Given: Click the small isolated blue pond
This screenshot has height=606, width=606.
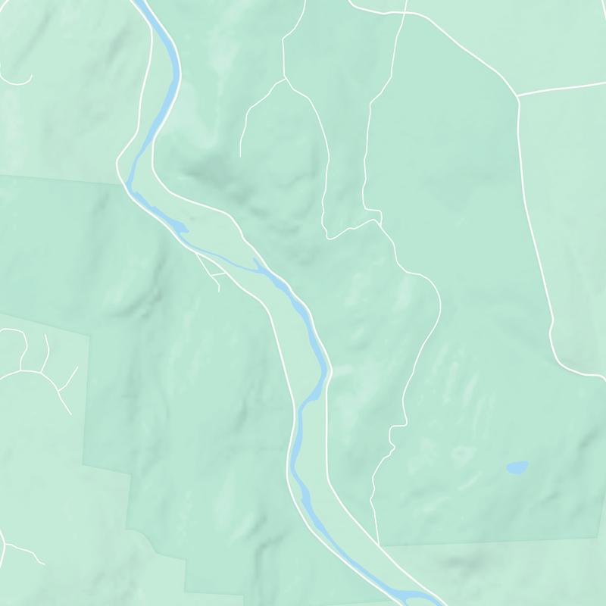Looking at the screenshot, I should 517,467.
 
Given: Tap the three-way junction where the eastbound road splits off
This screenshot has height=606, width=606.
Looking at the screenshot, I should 518,96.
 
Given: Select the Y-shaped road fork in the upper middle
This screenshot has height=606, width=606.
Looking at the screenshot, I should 284,79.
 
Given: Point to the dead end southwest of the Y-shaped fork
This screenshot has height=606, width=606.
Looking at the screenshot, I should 240,155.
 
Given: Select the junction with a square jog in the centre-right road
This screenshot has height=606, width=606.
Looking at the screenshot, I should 377,220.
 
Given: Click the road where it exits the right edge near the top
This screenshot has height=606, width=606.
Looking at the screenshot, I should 604,84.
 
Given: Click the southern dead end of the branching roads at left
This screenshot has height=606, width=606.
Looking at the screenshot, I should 70,414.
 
